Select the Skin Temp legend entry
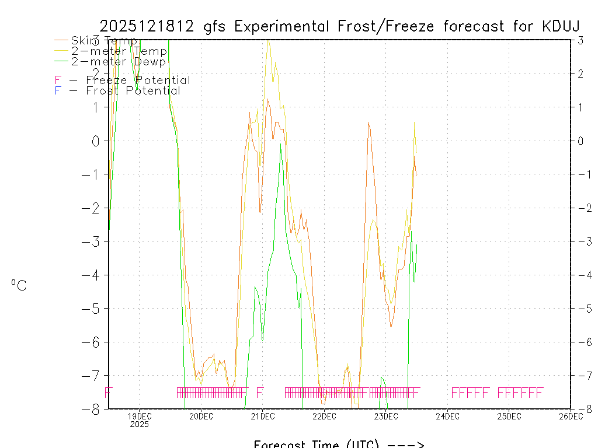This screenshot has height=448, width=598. coord(104,41)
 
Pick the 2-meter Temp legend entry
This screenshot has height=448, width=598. coord(119,51)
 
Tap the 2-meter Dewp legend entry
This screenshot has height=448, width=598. coord(118,61)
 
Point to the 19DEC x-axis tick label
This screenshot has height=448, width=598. coord(140,416)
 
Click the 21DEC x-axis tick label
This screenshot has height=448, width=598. coord(263,416)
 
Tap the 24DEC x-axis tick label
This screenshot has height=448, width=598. coord(447,416)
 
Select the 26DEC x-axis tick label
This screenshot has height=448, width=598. coord(571,416)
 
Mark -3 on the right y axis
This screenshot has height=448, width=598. coord(582,242)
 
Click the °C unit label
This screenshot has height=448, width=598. coord(19,285)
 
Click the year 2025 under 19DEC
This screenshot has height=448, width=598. coord(140,424)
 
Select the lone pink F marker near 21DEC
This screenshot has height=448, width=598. coord(260,392)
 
